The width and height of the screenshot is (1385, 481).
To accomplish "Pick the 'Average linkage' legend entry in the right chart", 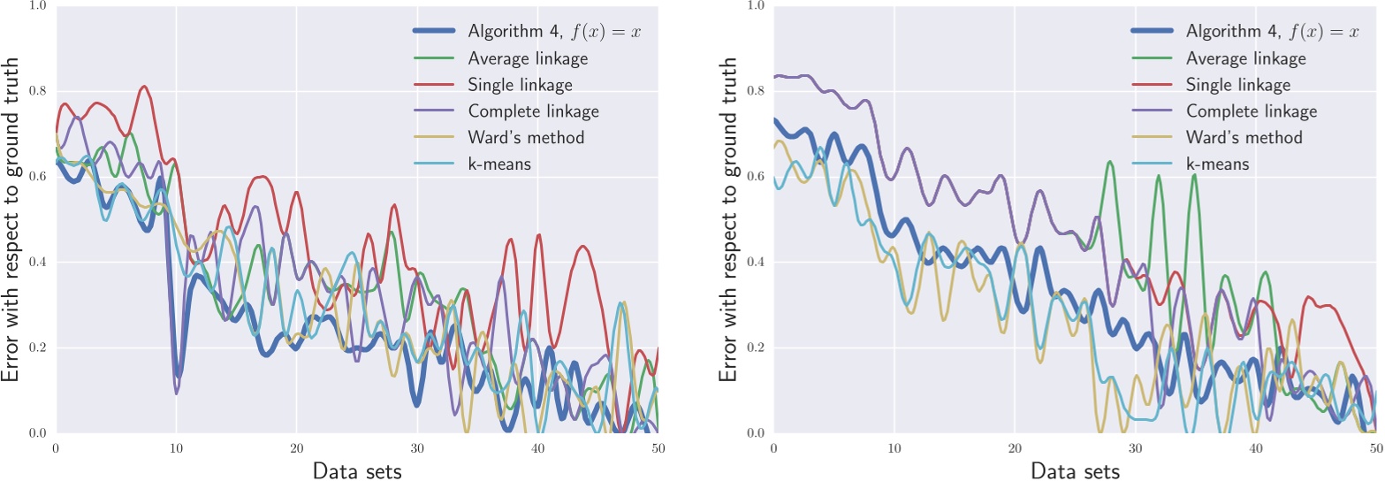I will click(x=1245, y=58).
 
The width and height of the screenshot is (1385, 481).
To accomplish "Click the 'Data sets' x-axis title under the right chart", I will click(x=1075, y=470).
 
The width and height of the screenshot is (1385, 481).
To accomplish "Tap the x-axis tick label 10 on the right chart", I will click(x=894, y=448).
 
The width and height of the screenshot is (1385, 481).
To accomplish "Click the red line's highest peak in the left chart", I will click(x=143, y=87).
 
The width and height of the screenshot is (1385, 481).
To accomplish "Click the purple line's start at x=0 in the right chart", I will click(x=774, y=78).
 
